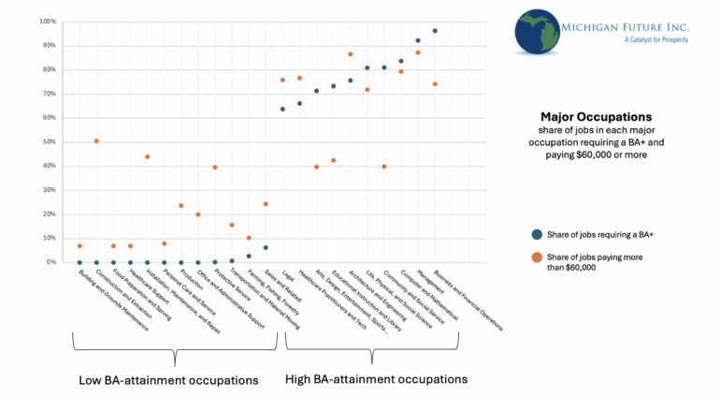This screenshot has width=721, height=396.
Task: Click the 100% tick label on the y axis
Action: tap(48, 21)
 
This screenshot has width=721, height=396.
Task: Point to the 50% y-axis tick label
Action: tap(50, 141)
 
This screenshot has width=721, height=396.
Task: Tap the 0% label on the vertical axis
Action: tap(51, 262)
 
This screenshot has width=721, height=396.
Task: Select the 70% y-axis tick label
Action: tap(50, 94)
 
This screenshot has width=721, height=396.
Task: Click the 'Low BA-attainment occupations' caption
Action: tap(169, 380)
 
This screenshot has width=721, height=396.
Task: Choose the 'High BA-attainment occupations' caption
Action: tap(376, 379)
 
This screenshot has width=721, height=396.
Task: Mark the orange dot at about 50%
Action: tap(96, 141)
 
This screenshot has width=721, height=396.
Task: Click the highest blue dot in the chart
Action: tap(435, 31)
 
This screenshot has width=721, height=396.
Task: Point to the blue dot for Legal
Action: tap(282, 110)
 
